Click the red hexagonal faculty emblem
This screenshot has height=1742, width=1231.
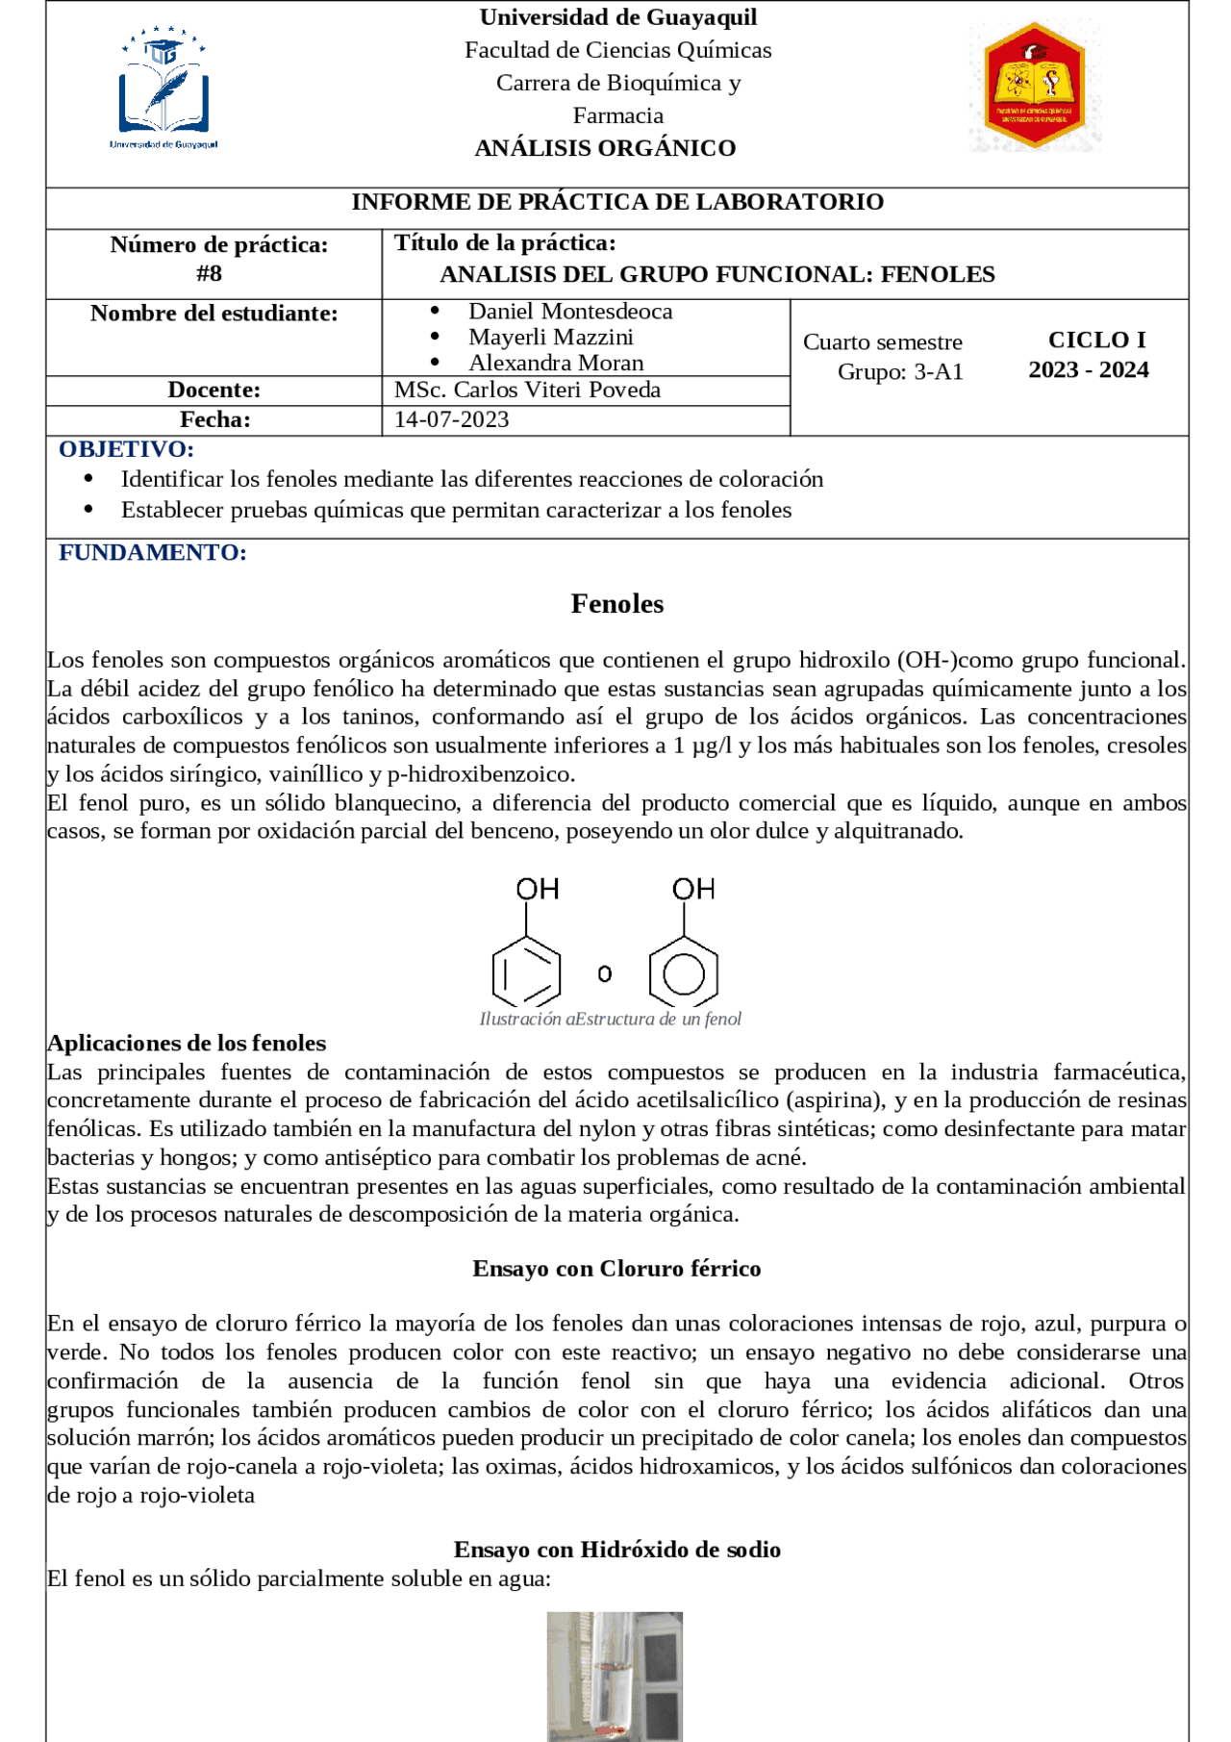point(1035,86)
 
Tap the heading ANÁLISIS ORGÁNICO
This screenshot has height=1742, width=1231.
point(605,148)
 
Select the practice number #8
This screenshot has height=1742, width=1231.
point(209,274)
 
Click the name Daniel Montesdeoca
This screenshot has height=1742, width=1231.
point(570,312)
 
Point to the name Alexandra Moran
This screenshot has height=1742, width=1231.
point(556,363)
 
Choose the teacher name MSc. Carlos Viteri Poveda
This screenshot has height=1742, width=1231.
point(527,390)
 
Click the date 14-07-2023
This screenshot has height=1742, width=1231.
point(451,419)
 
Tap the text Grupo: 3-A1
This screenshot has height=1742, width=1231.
point(899,372)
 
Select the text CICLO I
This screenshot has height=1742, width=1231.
point(1096,340)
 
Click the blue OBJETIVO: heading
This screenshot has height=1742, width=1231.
point(126,449)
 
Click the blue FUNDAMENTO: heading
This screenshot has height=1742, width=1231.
point(152,552)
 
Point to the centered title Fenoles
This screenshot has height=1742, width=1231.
point(616,604)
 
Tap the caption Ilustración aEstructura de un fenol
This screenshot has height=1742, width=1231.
point(610,1019)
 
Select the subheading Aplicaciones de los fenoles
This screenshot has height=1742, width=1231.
point(187,1043)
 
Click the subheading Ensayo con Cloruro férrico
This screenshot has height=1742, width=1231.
point(616,1269)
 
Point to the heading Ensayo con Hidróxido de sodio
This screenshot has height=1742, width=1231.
point(616,1550)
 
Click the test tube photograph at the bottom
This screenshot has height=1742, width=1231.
point(615,1676)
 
